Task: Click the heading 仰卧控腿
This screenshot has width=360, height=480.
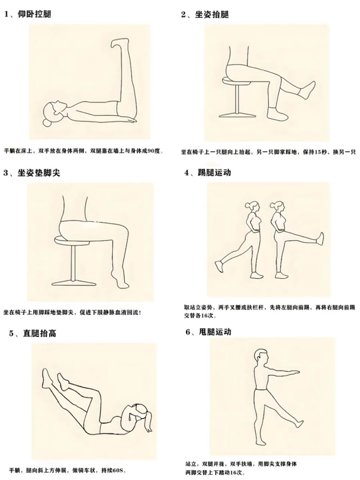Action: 35,14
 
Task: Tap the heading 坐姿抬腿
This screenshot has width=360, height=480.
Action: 212,14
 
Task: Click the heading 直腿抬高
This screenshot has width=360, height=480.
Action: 40,333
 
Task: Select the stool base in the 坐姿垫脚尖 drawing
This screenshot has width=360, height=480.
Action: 73,282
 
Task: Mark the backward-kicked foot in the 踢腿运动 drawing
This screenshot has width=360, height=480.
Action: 220,266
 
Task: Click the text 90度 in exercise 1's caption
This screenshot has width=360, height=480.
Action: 154,152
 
